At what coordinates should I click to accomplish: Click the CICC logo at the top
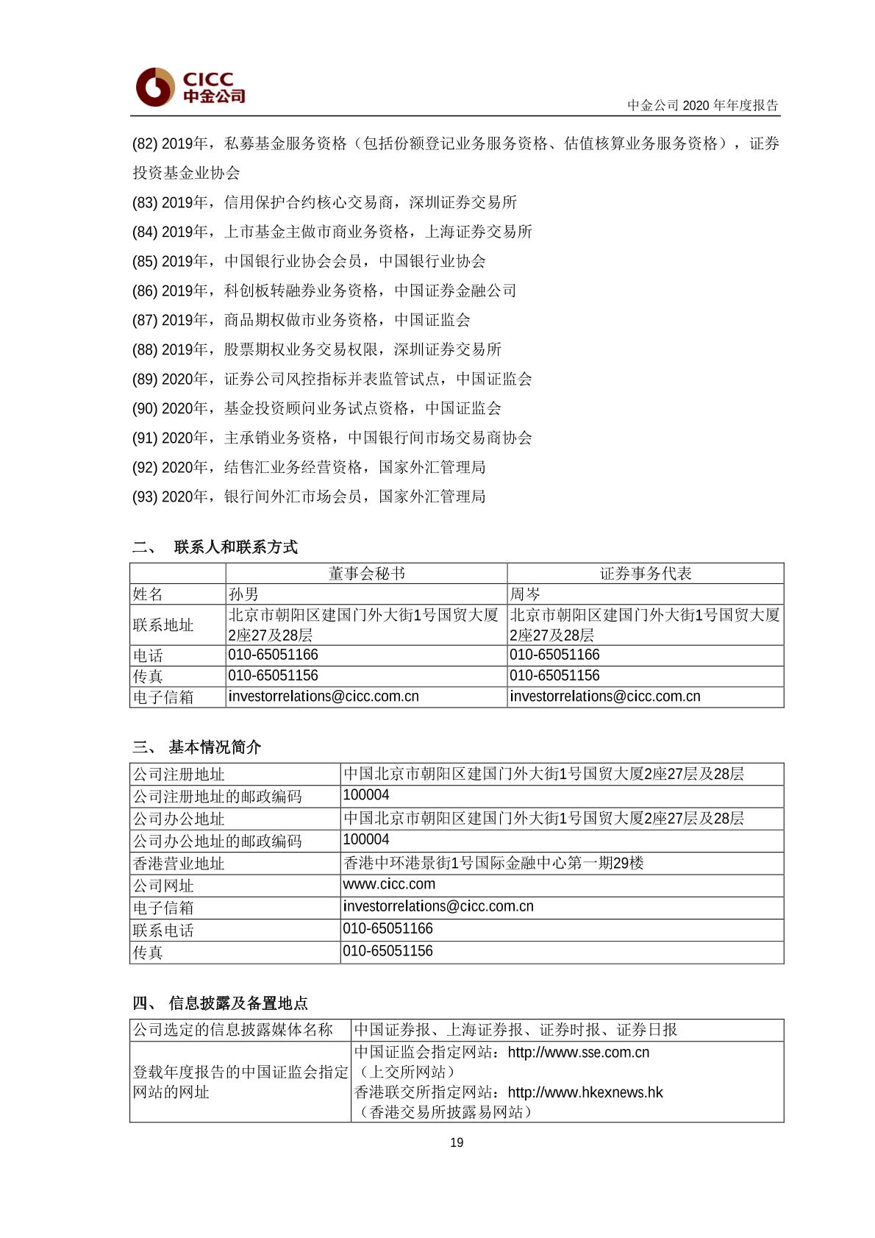(x=190, y=88)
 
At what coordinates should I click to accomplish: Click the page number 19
(x=457, y=1142)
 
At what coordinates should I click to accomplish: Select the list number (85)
(x=145, y=262)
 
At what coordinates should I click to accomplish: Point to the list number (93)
(x=145, y=497)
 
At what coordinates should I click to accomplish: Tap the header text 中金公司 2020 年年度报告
(x=702, y=105)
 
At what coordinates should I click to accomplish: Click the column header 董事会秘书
(x=366, y=574)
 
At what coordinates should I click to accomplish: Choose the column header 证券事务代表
(x=646, y=574)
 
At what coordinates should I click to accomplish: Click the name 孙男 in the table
(x=243, y=594)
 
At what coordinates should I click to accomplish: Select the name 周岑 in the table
(x=525, y=594)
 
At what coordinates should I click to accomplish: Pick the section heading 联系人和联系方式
(x=235, y=547)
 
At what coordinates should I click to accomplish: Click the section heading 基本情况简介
(x=215, y=747)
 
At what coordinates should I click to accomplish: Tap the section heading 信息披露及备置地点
(x=238, y=1003)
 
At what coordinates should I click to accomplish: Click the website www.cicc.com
(x=389, y=884)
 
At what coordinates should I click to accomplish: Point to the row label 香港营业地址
(x=179, y=864)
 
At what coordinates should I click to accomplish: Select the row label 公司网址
(x=163, y=886)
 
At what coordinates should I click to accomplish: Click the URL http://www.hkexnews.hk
(x=585, y=1092)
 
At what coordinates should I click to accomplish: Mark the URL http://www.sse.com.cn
(x=579, y=1053)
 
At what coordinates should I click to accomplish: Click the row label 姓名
(x=148, y=594)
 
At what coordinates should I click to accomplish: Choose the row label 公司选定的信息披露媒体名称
(x=233, y=1030)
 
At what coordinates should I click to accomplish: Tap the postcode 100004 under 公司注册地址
(x=366, y=795)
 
